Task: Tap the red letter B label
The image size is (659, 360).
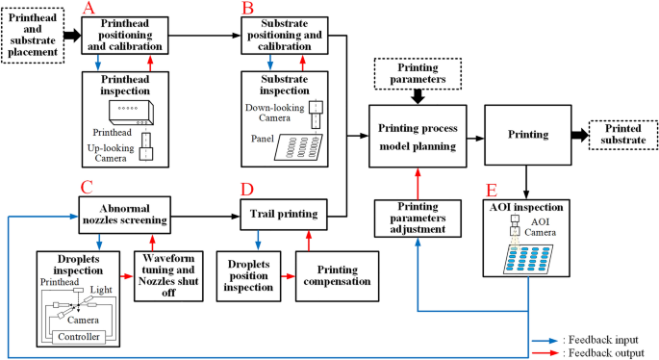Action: point(249,9)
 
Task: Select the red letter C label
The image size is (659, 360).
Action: point(87,188)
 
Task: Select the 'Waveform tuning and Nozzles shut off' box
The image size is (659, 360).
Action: point(168,275)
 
